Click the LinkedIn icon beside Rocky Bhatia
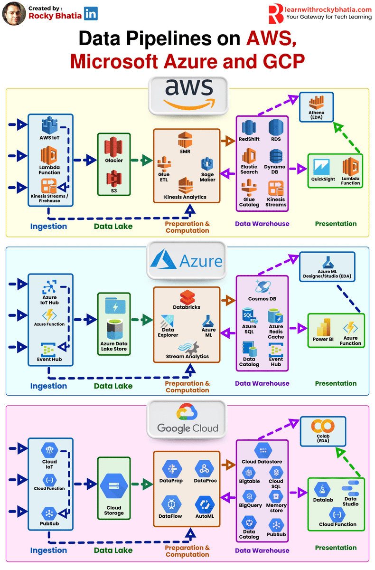(91, 14)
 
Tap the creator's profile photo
(14, 14)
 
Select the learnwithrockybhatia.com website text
(328, 9)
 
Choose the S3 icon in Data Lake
(113, 179)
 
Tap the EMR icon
(185, 141)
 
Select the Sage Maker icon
(207, 164)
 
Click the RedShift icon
(249, 127)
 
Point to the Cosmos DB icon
(262, 286)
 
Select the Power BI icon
(323, 328)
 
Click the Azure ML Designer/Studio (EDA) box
(327, 266)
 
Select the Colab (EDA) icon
(323, 426)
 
